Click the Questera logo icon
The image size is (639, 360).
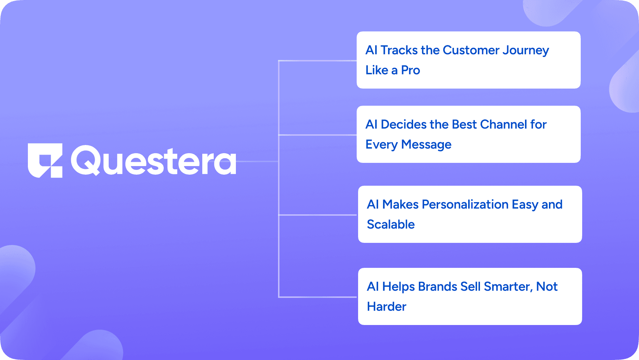(x=45, y=160)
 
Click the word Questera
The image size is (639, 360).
(x=154, y=161)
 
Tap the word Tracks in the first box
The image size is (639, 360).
(x=399, y=50)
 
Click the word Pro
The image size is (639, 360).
(x=411, y=70)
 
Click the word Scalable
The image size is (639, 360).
(x=391, y=225)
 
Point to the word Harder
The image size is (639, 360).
(x=387, y=307)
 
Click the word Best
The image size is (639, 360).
(x=464, y=125)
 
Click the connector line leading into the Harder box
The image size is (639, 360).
(x=318, y=297)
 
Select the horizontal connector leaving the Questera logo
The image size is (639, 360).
(x=258, y=161)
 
